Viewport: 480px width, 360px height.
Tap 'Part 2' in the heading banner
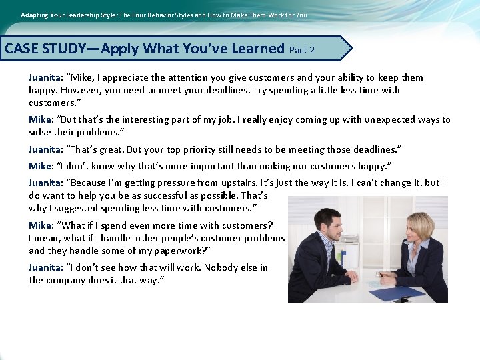302,50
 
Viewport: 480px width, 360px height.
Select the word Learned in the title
256,49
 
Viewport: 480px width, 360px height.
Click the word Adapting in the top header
35,15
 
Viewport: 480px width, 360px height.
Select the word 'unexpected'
378,120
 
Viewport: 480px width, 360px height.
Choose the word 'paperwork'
182,251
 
